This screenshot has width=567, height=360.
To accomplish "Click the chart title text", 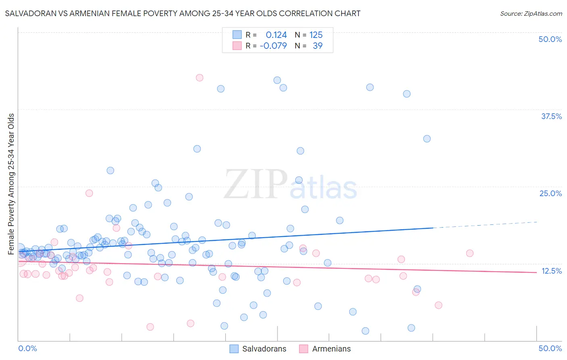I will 183,13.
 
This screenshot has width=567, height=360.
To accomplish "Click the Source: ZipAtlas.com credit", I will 531,13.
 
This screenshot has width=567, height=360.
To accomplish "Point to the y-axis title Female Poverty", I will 11,184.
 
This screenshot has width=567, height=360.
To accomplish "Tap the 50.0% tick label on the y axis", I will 550,39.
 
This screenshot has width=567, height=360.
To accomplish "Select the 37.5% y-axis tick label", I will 551,116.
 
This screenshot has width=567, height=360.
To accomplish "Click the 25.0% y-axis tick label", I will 550,193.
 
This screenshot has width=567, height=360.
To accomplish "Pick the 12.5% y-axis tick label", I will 551,271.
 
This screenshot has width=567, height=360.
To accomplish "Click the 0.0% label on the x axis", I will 27,348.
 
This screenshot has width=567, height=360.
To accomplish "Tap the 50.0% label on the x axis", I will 550,348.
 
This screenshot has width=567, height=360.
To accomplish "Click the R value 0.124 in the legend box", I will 276,35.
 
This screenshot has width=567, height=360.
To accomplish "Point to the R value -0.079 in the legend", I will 273,46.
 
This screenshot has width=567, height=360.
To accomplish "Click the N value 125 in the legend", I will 316,35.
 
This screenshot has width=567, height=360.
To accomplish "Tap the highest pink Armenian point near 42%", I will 199,77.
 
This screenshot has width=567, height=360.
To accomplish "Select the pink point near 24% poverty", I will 89,193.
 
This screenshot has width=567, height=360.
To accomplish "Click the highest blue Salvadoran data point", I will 277,80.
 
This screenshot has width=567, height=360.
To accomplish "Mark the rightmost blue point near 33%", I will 427,139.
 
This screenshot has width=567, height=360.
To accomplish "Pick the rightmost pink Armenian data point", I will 469,253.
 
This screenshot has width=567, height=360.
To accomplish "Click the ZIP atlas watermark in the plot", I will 290,185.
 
